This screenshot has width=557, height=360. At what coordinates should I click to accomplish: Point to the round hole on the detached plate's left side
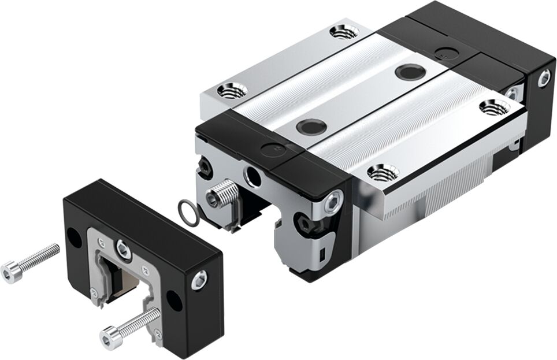pyautogui.click(x=74, y=237)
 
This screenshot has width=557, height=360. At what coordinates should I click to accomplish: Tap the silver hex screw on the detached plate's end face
pyautogui.click(x=199, y=280)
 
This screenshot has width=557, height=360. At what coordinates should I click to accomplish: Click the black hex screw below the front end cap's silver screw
pyautogui.click(x=303, y=222)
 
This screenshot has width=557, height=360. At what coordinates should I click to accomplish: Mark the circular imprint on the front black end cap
pyautogui.click(x=269, y=149)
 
